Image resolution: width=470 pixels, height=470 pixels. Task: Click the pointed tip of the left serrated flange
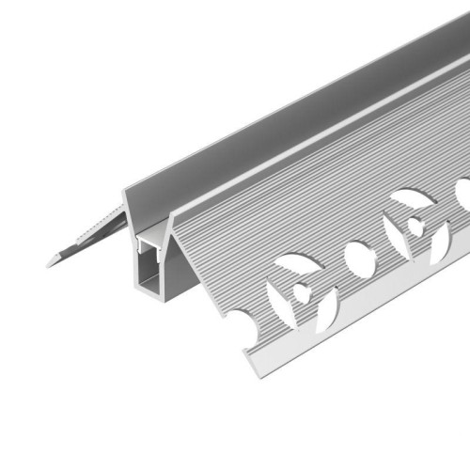49,264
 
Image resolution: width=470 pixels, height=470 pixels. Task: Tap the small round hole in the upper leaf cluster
414,226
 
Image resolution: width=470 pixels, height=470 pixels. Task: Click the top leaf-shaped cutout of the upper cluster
410,199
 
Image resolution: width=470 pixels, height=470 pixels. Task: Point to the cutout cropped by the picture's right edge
463,193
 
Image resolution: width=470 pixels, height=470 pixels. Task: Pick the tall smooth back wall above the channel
282,122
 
